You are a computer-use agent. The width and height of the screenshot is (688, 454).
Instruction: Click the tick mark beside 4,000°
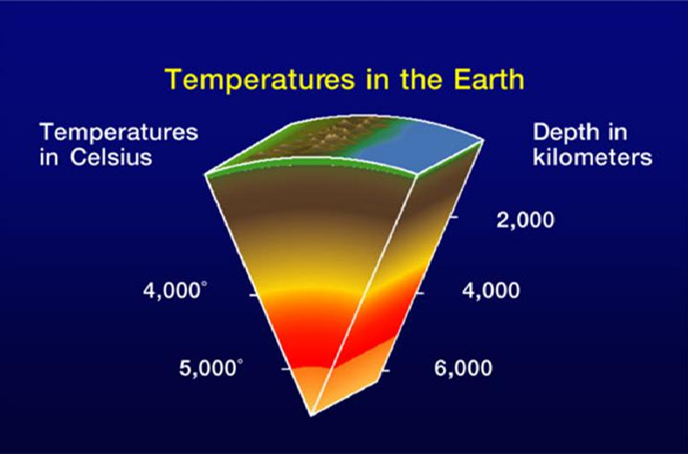[253, 295]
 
